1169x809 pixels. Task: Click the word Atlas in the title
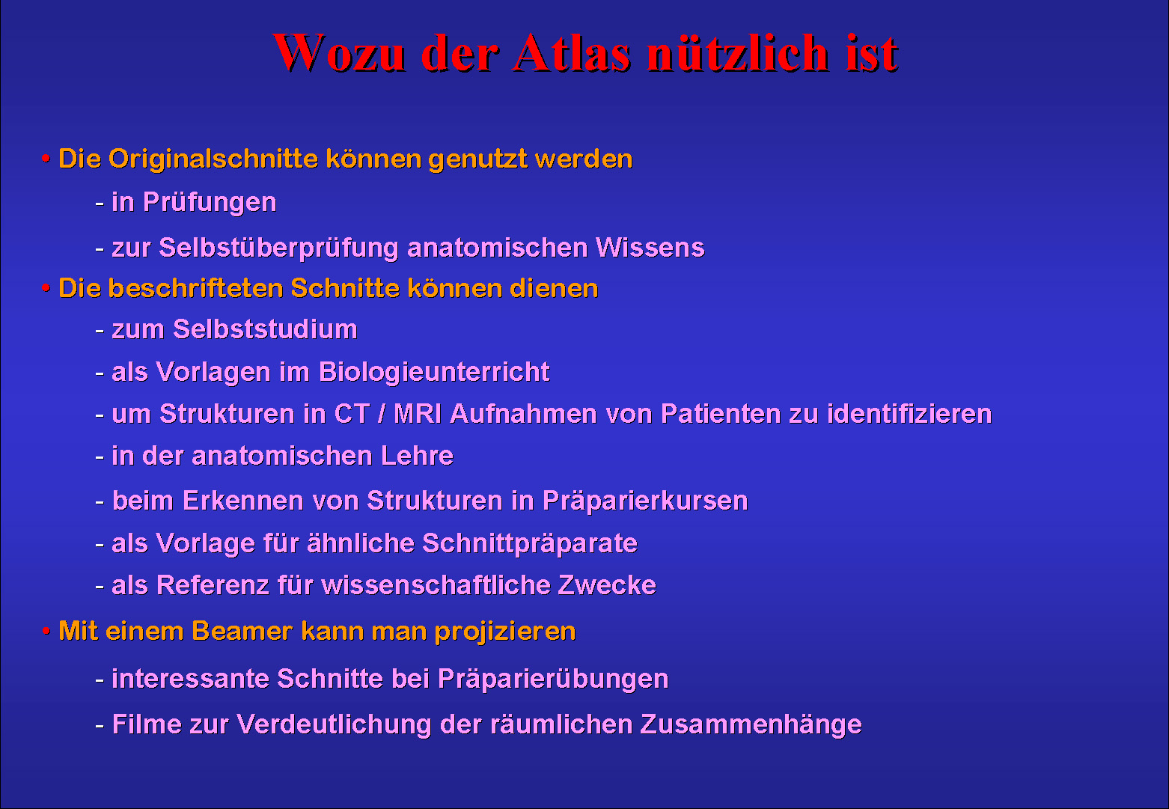[x=572, y=52]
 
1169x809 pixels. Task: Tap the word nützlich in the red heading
[x=738, y=52]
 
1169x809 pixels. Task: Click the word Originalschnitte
[x=213, y=159]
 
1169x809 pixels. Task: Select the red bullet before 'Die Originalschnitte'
[x=46, y=158]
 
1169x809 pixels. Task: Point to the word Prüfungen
[x=210, y=203]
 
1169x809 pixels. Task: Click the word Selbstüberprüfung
[x=278, y=248]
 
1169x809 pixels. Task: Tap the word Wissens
[x=650, y=248]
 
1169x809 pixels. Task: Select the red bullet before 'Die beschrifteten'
[x=46, y=287]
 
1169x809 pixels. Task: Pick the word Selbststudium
[x=265, y=329]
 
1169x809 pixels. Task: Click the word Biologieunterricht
[x=434, y=373]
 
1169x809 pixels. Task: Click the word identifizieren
[x=909, y=414]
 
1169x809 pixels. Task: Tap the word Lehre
[x=417, y=456]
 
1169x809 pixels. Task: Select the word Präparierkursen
[x=645, y=501]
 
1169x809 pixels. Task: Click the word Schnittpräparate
[x=530, y=544]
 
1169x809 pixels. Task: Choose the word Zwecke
[x=607, y=585]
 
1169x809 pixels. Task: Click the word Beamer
[x=242, y=631]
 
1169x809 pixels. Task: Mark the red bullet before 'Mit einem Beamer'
[x=46, y=631]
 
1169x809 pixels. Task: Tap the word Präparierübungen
[x=553, y=680]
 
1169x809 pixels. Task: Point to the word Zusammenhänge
[x=751, y=725]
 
